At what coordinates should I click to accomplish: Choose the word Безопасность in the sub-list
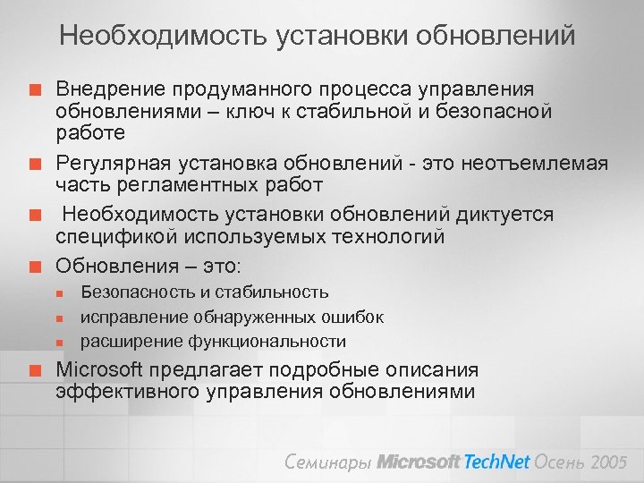139,292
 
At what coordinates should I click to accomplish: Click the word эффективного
125,392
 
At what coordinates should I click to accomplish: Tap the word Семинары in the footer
328,462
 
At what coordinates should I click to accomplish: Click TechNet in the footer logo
496,462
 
